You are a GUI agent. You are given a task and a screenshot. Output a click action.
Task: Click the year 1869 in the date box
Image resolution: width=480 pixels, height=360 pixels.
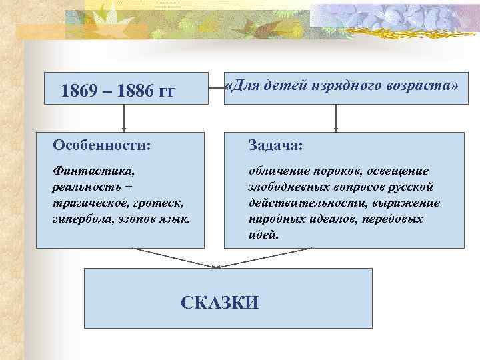[77, 91]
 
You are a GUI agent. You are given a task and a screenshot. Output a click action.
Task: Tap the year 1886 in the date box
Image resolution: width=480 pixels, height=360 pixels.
[133, 91]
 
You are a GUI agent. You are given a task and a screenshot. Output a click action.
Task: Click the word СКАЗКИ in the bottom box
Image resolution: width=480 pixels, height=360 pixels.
[219, 302]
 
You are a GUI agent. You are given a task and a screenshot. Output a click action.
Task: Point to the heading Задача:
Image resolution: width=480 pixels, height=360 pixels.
[276, 145]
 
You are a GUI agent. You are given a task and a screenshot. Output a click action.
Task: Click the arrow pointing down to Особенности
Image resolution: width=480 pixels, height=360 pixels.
[123, 119]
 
